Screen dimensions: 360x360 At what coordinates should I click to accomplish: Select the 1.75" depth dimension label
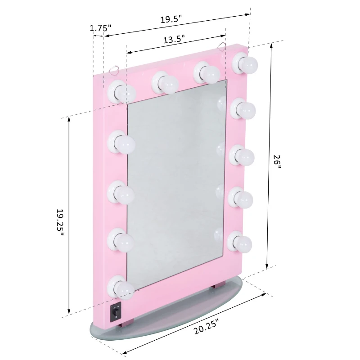coord(100,28)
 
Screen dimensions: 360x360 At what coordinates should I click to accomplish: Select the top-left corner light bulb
coord(123,91)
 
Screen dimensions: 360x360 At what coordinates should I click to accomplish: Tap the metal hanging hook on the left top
coord(114,69)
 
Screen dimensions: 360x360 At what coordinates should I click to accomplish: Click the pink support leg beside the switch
coord(128,323)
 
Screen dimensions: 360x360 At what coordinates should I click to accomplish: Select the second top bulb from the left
coord(165,82)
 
